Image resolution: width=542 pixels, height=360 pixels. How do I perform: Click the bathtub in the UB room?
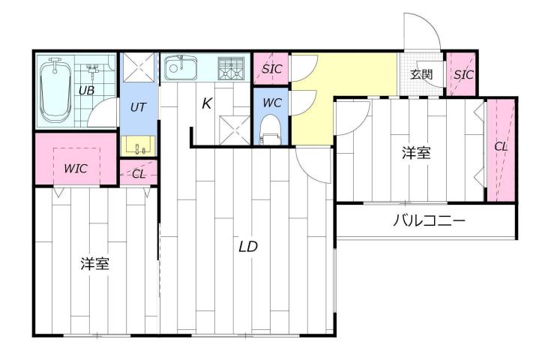pyautogui.click(x=55, y=91)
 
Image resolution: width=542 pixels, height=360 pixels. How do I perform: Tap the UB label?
pyautogui.click(x=87, y=90)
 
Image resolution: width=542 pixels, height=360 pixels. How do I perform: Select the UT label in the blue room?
pyautogui.click(x=138, y=107)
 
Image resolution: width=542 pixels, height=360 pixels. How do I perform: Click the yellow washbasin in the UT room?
pyautogui.click(x=138, y=145)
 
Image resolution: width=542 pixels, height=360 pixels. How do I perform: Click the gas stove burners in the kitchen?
pyautogui.click(x=231, y=68)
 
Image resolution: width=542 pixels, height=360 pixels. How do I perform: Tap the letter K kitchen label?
pyautogui.click(x=207, y=104)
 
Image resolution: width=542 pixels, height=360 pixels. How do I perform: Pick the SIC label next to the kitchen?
pyautogui.click(x=271, y=69)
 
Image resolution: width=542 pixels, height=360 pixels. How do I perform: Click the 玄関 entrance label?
pyautogui.click(x=422, y=74)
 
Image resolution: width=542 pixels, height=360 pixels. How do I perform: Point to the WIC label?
pyautogui.click(x=75, y=169)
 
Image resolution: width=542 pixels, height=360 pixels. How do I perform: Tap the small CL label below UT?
pyautogui.click(x=139, y=175)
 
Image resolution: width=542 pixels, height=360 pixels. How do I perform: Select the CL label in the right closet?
pyautogui.click(x=501, y=147)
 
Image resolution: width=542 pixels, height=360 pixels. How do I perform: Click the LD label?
pyautogui.click(x=249, y=247)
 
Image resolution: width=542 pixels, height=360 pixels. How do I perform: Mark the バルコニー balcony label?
pyautogui.click(x=430, y=221)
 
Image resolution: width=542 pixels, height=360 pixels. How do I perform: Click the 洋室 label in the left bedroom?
pyautogui.click(x=96, y=264)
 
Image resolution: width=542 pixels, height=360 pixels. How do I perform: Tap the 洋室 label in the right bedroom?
pyautogui.click(x=416, y=153)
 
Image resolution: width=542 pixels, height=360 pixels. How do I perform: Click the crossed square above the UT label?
pyautogui.click(x=138, y=67)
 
